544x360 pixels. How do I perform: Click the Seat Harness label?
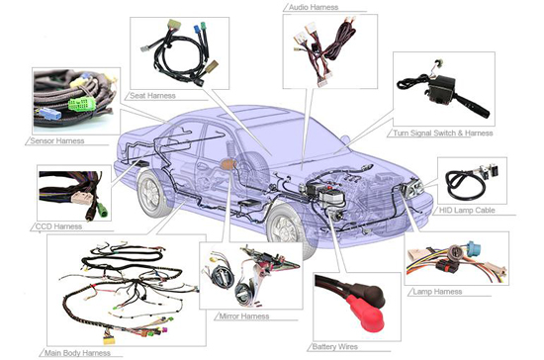pos(152,96)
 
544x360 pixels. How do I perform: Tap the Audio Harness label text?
pos(314,7)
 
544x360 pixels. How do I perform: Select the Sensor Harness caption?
pos(57,140)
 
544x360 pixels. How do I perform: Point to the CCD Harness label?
pos(59,226)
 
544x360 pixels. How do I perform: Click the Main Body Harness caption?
pos(78,353)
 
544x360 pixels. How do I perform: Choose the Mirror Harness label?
pos(244,316)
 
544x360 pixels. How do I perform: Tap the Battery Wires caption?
pos(334,347)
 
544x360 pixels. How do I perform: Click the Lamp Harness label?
pos(437,292)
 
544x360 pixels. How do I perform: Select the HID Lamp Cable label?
pos(467,211)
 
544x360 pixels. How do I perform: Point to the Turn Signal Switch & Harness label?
pos(443,134)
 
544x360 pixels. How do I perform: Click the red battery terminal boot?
pos(367,314)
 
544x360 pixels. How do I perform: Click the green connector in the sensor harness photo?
pos(82,104)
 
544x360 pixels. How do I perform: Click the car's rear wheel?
pos(151,193)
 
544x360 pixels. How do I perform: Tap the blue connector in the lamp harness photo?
pos(474,248)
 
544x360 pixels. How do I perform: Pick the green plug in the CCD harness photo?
pos(103,209)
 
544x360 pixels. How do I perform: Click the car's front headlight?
pos(411,187)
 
